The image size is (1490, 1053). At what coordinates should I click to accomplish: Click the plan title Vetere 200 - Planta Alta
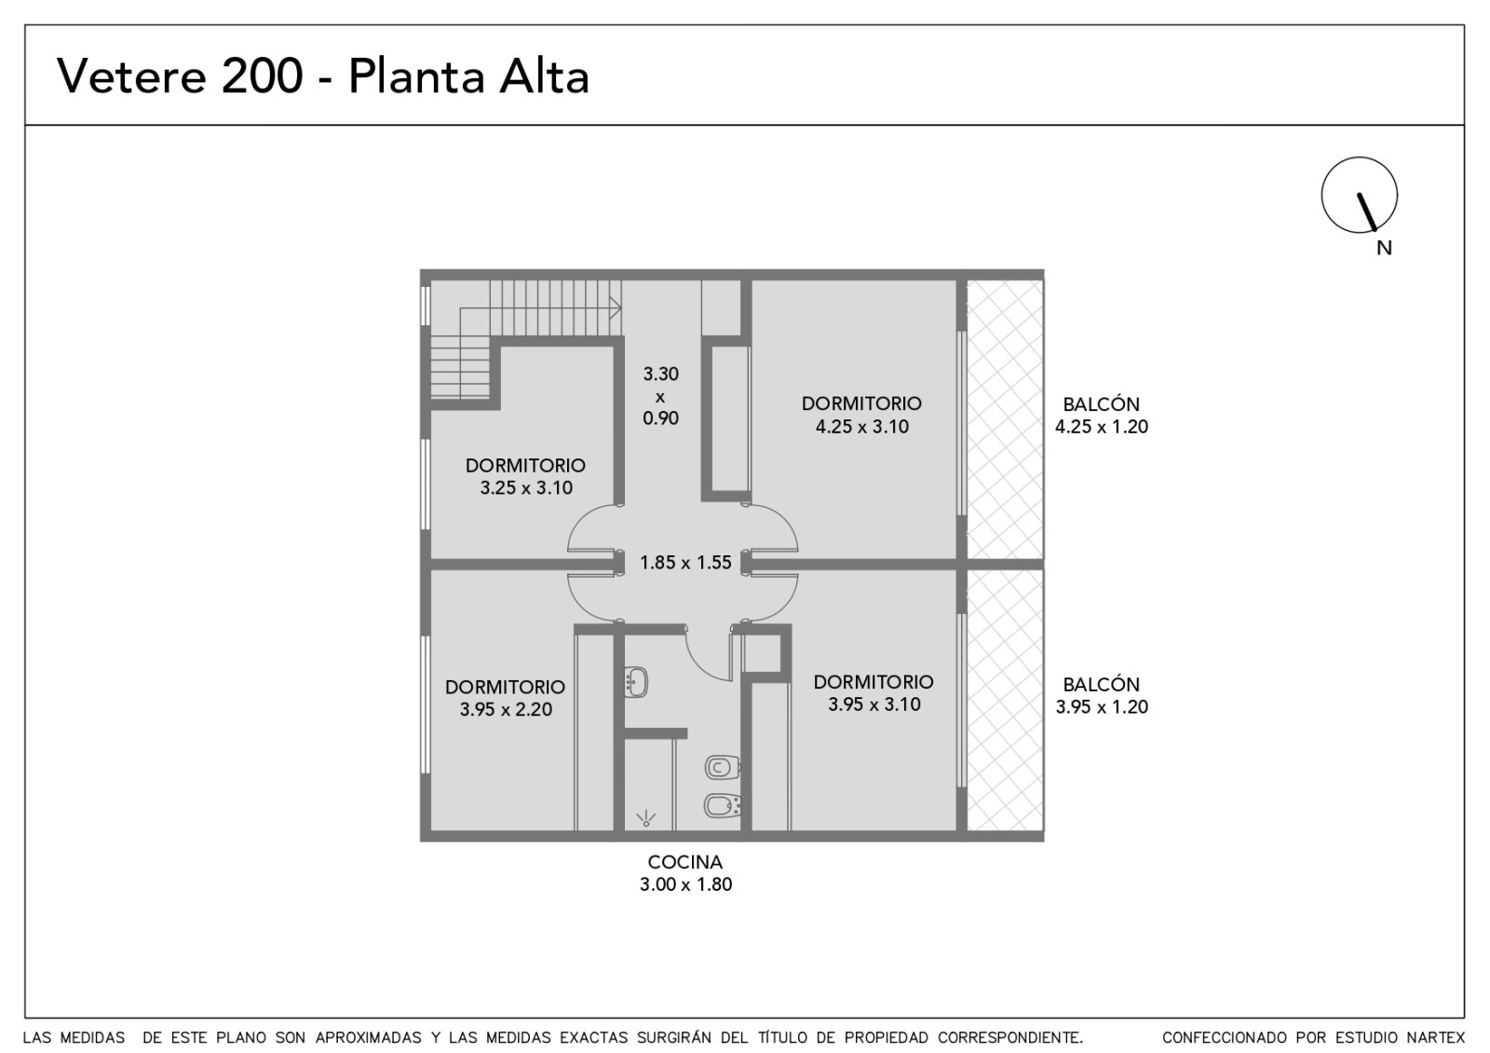click(x=322, y=76)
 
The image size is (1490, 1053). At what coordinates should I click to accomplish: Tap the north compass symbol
click(x=1359, y=195)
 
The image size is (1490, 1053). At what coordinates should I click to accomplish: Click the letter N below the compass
click(x=1384, y=248)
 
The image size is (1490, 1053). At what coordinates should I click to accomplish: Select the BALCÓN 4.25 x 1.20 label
click(x=1101, y=416)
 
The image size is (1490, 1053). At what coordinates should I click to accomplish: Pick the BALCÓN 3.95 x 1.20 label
click(x=1101, y=695)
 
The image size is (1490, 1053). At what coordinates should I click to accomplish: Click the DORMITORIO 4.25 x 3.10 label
click(x=861, y=415)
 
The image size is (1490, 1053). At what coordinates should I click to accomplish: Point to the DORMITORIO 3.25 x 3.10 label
click(x=525, y=476)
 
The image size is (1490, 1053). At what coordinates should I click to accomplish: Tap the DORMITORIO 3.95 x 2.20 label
click(x=505, y=698)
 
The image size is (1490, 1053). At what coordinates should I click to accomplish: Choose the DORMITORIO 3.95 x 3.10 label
click(x=874, y=693)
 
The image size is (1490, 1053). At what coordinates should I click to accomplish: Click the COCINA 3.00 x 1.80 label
click(x=685, y=873)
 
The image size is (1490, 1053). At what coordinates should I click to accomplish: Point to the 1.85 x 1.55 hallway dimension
click(x=685, y=563)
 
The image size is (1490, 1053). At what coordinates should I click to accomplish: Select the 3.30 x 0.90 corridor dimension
click(x=660, y=396)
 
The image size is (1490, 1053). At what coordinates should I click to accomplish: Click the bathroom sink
click(x=636, y=682)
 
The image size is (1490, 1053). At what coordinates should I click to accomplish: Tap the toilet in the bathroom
click(x=723, y=768)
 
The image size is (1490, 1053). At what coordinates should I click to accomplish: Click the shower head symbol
click(x=645, y=819)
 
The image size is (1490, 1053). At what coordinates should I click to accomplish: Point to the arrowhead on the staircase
click(x=616, y=308)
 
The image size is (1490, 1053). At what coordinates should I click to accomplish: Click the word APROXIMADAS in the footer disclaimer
click(x=369, y=1038)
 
